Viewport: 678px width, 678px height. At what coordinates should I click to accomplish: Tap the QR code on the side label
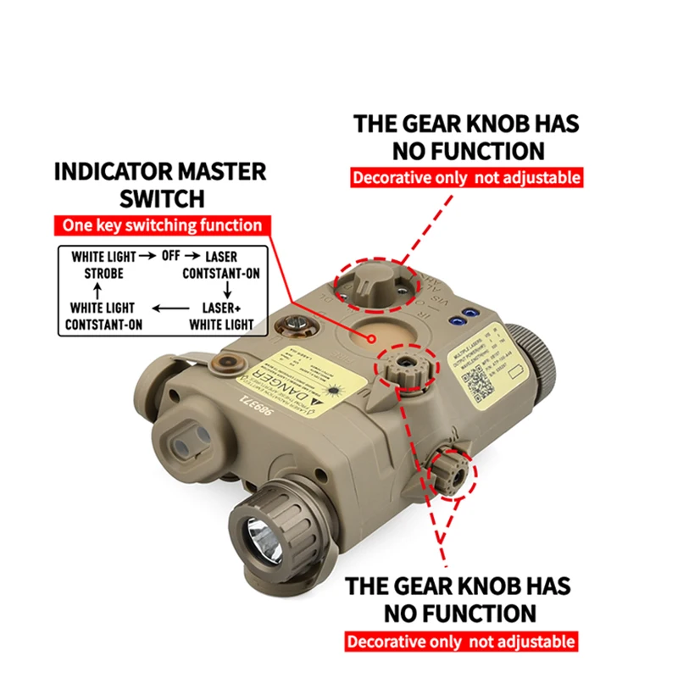click(x=481, y=379)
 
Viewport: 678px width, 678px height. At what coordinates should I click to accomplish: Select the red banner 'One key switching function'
click(x=161, y=225)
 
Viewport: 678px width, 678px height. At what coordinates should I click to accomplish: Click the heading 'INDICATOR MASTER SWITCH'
click(x=160, y=185)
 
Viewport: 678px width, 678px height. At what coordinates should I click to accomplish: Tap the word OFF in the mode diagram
click(x=173, y=256)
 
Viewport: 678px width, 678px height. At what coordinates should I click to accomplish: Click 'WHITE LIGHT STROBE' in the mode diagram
click(x=103, y=264)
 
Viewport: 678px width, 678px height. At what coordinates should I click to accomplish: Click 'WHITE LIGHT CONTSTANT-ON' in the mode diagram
click(x=103, y=315)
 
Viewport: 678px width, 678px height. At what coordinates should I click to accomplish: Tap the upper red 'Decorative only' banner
click(x=466, y=178)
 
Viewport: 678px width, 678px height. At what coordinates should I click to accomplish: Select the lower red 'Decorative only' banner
click(x=461, y=642)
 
